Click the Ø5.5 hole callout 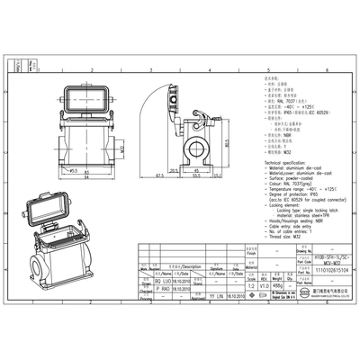coord(72,167)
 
